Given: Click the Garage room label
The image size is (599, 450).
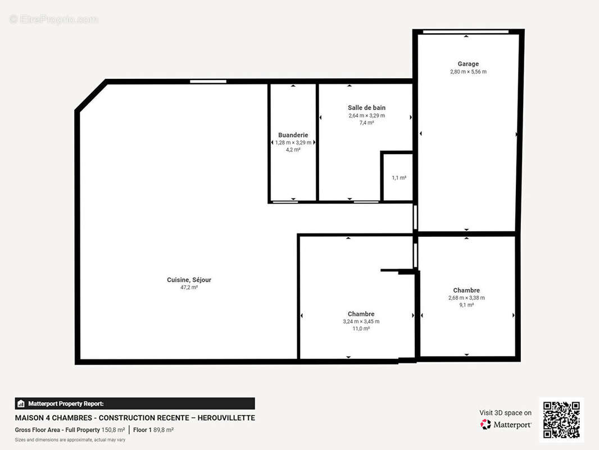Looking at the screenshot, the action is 468,64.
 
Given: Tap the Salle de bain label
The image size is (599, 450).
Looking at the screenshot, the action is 366,108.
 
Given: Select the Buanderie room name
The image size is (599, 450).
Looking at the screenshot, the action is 293,135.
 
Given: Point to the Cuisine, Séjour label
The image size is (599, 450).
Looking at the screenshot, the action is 189,280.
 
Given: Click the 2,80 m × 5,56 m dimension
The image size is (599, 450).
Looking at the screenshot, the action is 468,71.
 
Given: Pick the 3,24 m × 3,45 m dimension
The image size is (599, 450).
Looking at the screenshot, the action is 361,322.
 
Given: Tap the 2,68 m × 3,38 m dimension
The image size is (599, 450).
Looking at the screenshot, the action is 466,298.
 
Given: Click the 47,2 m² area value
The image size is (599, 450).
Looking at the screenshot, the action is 189,287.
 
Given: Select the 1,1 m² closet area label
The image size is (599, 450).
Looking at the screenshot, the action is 399,178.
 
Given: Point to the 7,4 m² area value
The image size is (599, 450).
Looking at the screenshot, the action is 366,123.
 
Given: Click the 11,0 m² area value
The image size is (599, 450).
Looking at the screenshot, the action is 361,329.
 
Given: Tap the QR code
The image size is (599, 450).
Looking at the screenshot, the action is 561,420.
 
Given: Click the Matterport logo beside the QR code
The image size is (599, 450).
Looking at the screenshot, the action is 505,424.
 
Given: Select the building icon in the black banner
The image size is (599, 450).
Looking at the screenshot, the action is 21,404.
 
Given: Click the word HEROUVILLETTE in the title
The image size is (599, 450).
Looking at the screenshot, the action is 226,418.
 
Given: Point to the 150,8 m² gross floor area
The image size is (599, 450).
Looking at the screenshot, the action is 113,430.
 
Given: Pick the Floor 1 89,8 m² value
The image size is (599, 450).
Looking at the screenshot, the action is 153,430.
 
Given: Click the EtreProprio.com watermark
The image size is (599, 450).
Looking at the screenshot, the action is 54,19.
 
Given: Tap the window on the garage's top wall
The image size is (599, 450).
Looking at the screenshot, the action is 466,32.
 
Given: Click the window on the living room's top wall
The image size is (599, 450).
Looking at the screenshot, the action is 208,82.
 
